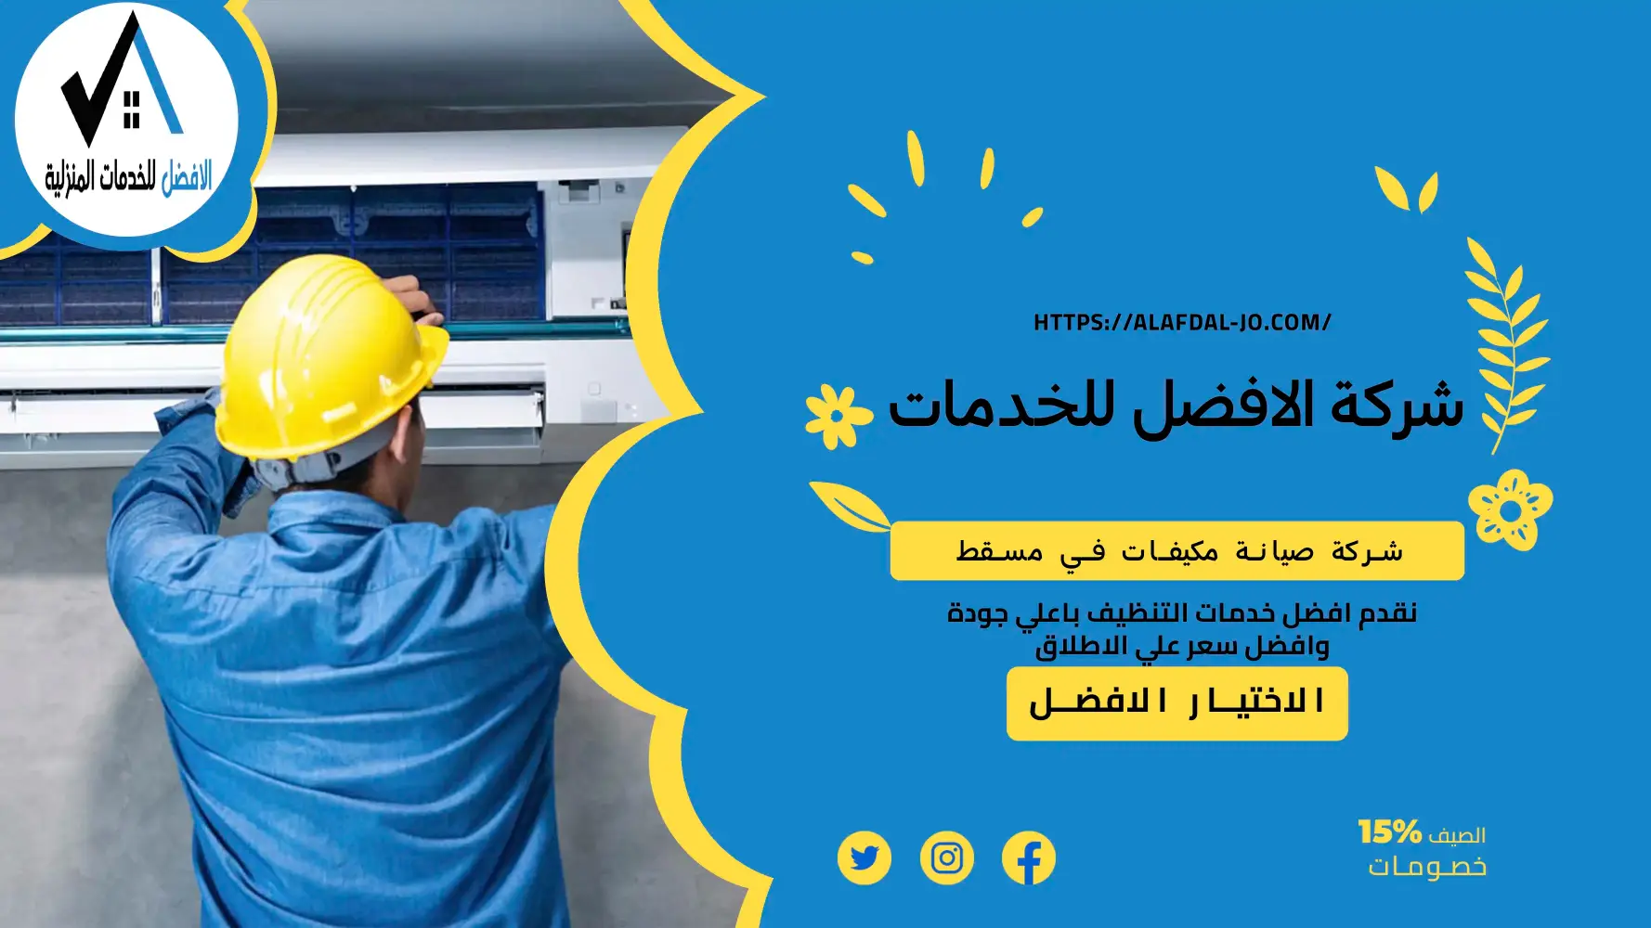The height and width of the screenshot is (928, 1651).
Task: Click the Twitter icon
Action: [864, 858]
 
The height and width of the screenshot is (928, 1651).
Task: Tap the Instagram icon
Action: [946, 858]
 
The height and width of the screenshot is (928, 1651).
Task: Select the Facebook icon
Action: [1029, 858]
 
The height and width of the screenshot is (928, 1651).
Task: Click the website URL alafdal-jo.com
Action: [1181, 323]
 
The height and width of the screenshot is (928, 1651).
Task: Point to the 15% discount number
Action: [1389, 831]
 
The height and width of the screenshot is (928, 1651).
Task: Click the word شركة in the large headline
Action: [1397, 406]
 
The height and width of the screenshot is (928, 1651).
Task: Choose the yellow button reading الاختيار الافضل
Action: [1176, 703]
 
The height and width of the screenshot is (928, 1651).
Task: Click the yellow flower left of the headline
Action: [837, 416]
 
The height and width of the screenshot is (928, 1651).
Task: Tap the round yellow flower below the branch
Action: [1510, 510]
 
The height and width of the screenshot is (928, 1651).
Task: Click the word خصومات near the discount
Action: [1426, 867]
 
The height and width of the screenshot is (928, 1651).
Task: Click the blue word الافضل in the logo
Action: [186, 176]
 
